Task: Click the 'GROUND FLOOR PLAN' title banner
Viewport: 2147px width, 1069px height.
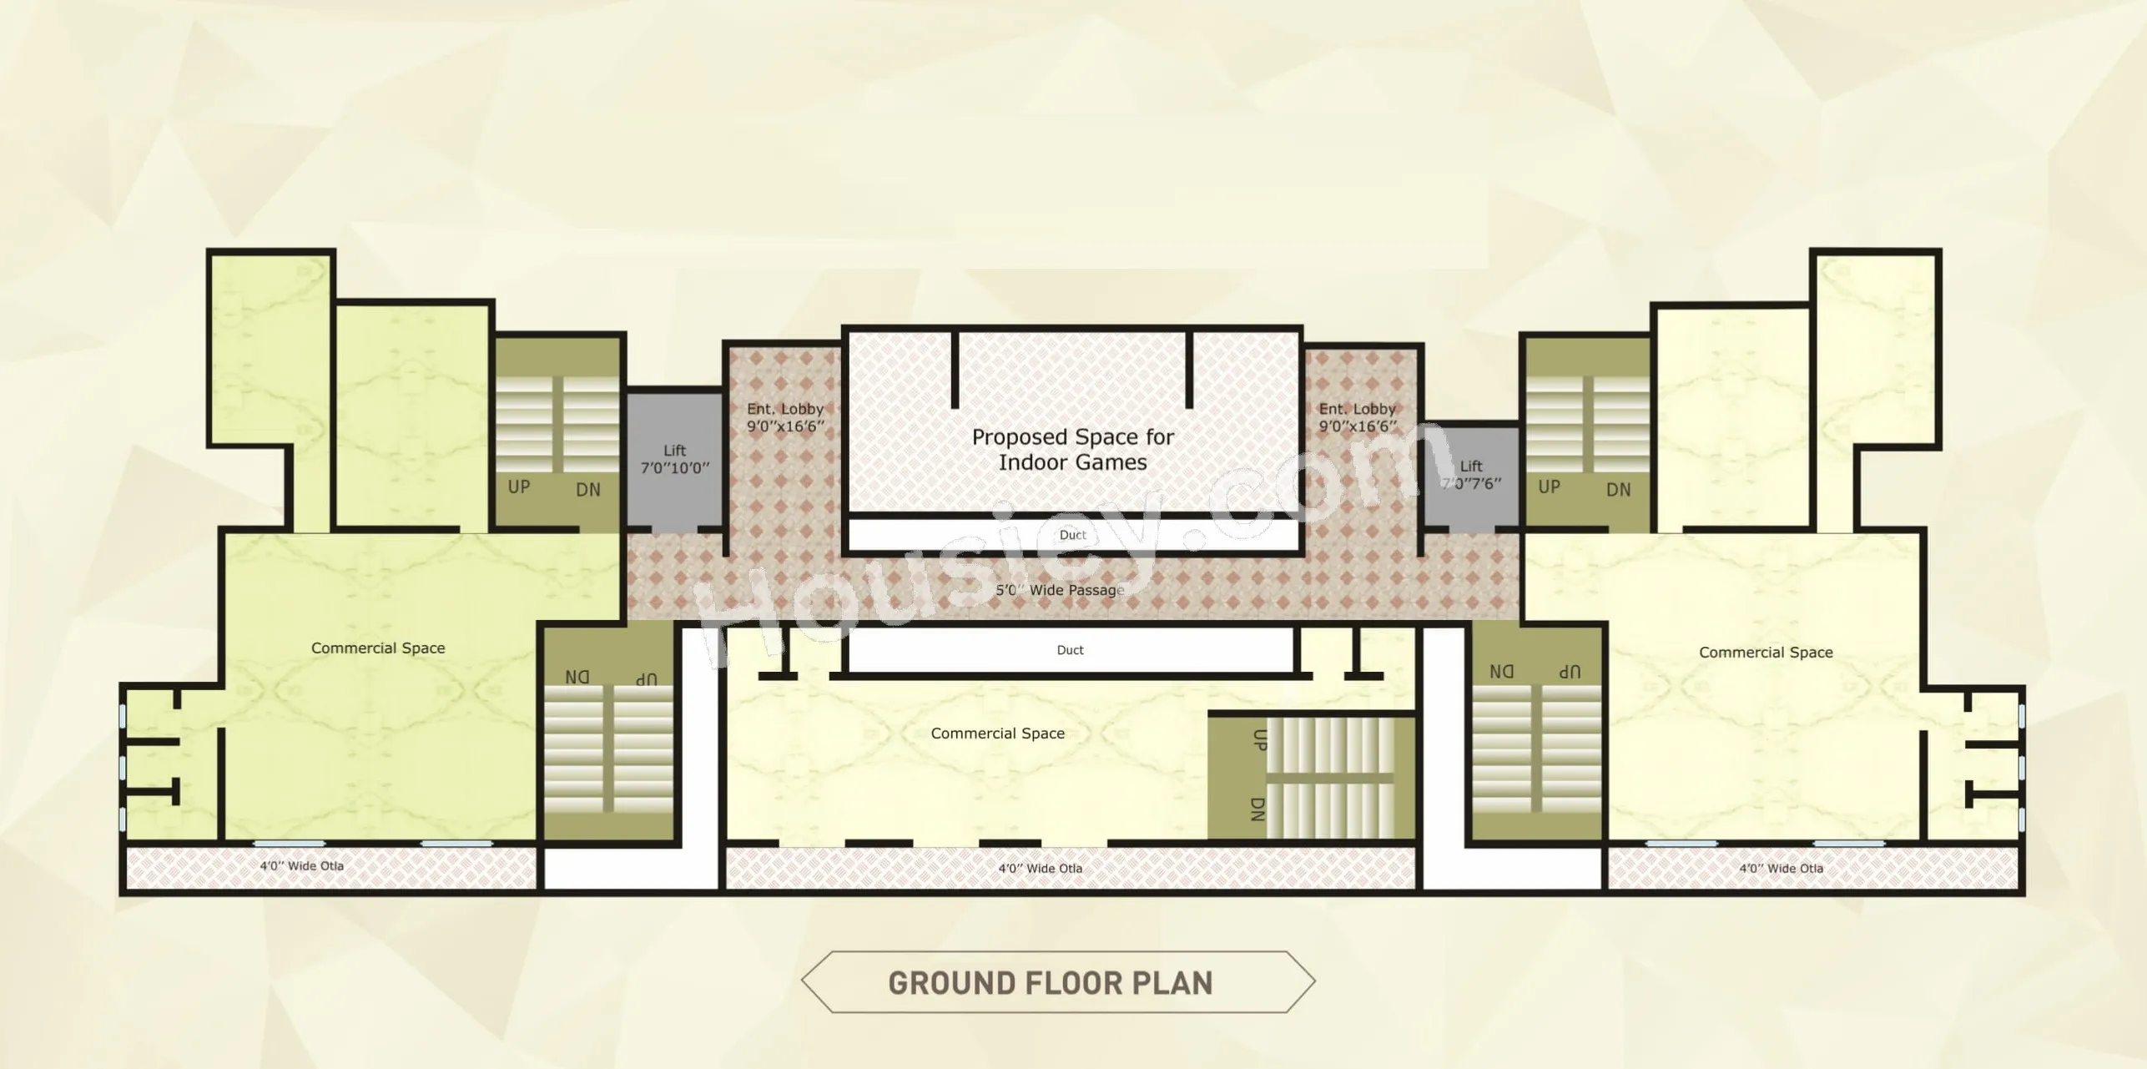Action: click(1058, 982)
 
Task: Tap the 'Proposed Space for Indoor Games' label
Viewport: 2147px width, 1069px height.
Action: click(1072, 449)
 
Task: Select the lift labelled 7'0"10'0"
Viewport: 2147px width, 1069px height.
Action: click(674, 459)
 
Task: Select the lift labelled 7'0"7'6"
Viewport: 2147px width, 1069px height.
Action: click(1471, 475)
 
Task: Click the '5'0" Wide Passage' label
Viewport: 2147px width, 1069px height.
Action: click(1060, 590)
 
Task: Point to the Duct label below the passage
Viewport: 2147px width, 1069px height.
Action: click(1070, 650)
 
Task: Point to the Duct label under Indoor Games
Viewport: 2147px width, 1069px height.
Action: click(1073, 535)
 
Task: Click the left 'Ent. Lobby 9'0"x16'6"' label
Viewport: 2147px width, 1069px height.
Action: click(785, 417)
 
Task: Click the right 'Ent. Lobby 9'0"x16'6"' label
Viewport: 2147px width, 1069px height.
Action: click(1358, 417)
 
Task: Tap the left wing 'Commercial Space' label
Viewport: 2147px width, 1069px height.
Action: click(378, 648)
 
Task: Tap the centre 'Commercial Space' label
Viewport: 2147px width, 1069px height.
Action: click(998, 734)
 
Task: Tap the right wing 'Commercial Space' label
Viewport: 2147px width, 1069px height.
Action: click(1766, 653)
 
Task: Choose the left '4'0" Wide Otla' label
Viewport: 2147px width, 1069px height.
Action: click(301, 866)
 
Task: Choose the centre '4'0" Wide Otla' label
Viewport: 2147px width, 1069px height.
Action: click(1041, 869)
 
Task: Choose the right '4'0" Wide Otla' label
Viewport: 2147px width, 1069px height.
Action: click(1781, 869)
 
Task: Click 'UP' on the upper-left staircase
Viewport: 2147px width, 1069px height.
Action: click(519, 487)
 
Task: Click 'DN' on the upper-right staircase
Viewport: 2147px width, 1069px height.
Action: click(1619, 490)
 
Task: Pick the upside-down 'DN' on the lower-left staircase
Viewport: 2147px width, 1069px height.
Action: click(577, 677)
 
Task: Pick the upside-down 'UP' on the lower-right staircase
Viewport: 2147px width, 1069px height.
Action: click(1570, 672)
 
